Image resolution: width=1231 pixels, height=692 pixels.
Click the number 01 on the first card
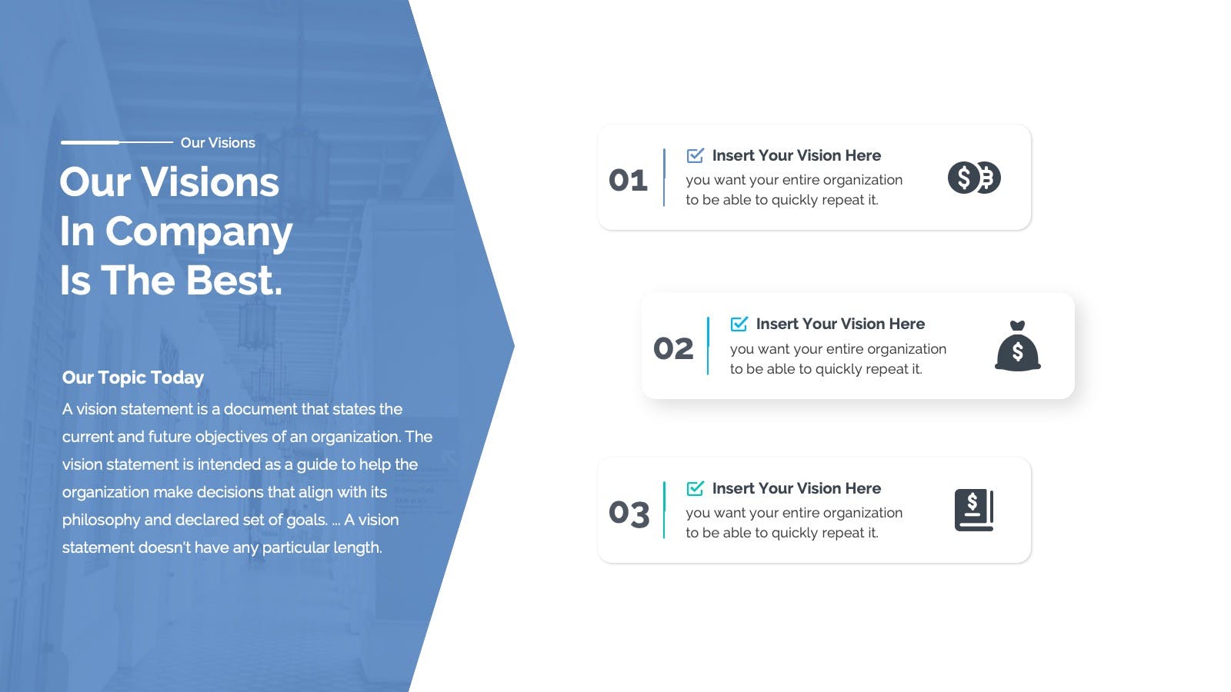[x=628, y=180]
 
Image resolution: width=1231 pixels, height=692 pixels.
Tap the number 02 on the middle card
[x=673, y=349]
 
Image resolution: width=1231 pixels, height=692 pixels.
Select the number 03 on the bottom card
[x=629, y=513]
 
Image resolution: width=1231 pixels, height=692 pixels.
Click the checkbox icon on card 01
[x=696, y=155]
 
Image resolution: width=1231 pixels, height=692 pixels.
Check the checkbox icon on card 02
[x=739, y=324]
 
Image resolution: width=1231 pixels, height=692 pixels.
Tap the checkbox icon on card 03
[x=696, y=488]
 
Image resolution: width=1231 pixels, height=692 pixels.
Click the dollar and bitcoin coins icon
[x=974, y=178]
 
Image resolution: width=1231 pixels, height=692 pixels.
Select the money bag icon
[x=1018, y=346]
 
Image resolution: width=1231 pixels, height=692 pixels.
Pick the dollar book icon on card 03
[x=974, y=510]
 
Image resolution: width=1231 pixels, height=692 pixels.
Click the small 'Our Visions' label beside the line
[x=218, y=143]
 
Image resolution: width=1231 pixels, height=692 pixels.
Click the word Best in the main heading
[x=234, y=280]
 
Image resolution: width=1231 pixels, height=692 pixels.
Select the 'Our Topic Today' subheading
[x=133, y=378]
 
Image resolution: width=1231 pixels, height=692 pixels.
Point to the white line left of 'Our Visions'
[x=117, y=142]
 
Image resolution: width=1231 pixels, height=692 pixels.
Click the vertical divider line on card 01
[x=664, y=178]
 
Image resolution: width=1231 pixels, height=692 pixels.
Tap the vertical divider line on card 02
[x=708, y=346]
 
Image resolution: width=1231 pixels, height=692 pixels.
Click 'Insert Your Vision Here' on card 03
[x=796, y=488]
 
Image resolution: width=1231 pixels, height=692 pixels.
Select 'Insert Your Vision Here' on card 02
[x=840, y=324]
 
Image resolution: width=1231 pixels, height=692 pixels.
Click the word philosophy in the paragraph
[x=101, y=520]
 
